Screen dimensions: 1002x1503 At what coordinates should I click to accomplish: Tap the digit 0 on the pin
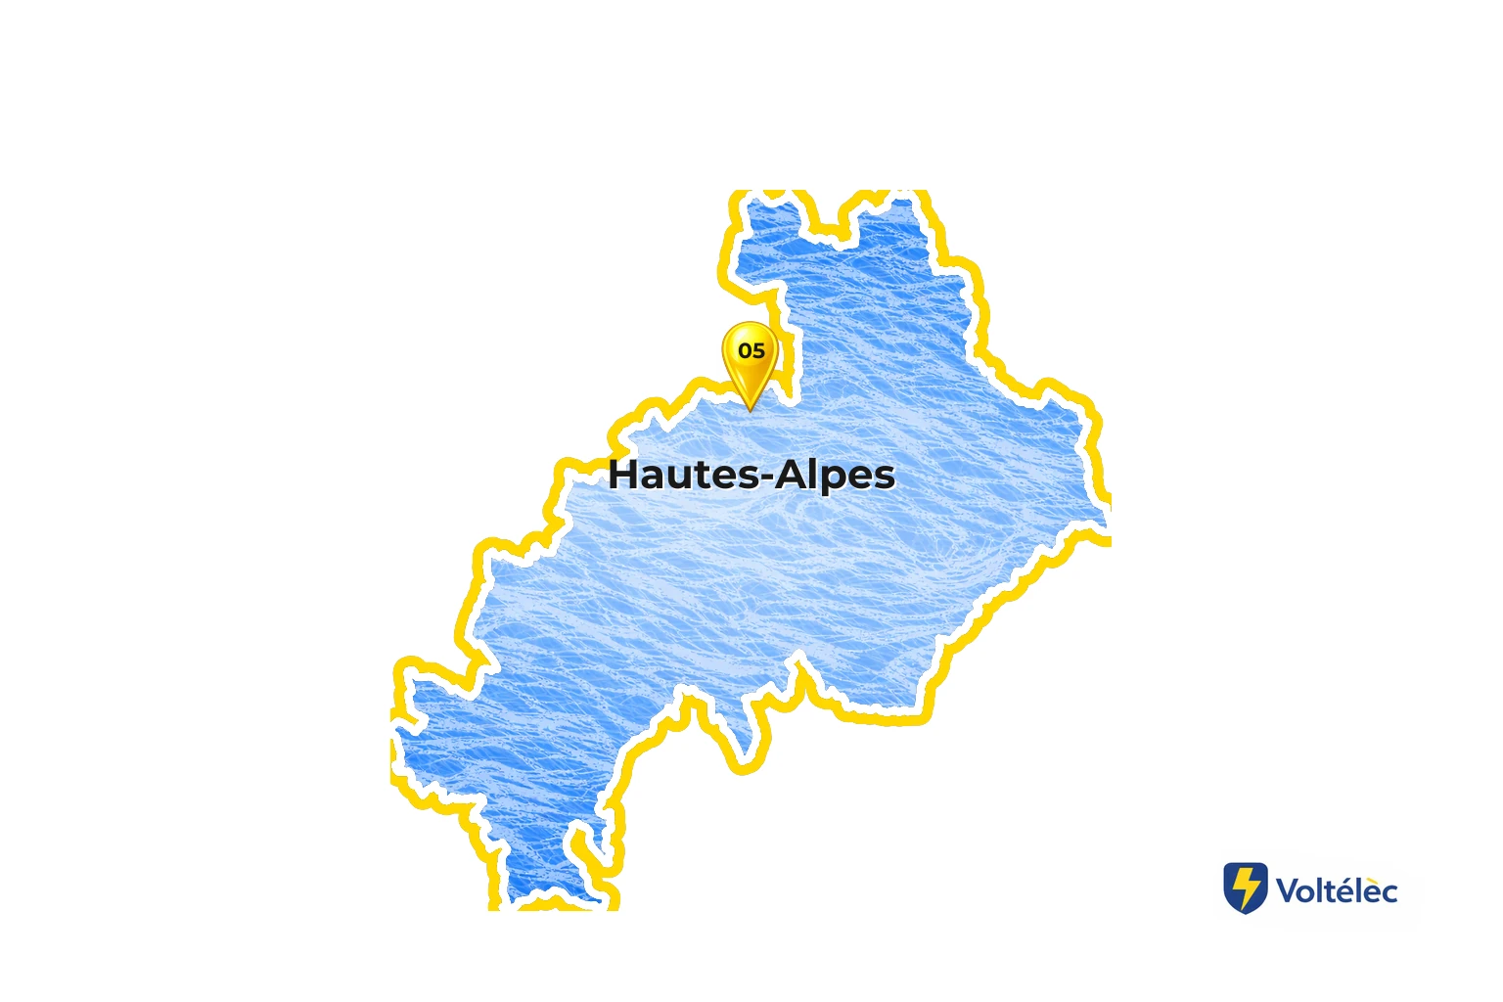pos(745,350)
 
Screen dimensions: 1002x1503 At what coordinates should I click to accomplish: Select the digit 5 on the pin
pos(758,350)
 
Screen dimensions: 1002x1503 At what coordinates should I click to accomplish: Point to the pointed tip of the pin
pos(751,409)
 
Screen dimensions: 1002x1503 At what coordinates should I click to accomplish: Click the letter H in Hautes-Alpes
pos(623,476)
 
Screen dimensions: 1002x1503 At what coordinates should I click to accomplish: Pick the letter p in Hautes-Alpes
pos(832,479)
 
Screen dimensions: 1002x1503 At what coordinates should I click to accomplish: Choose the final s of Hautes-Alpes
pos(884,478)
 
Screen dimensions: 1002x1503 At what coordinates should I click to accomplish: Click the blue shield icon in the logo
pos(1246,888)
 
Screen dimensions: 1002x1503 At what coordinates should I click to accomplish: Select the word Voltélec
pos(1337,891)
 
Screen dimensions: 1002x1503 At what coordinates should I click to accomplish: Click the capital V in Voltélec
pos(1288,891)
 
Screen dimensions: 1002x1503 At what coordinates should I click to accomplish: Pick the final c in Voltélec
pos(1389,893)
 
